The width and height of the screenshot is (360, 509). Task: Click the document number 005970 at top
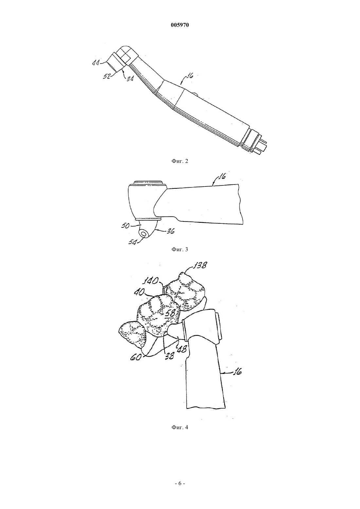[x=180, y=25]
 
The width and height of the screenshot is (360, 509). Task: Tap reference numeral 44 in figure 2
[x=96, y=63]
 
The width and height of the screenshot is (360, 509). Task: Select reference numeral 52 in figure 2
[x=107, y=76]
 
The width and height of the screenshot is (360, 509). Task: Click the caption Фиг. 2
[x=180, y=161]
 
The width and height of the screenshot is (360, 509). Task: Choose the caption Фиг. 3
[x=180, y=250]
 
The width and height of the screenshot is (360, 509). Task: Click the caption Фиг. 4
[x=180, y=427]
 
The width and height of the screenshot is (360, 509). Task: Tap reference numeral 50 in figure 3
[x=125, y=226]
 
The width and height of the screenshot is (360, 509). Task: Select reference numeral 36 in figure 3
[x=171, y=231]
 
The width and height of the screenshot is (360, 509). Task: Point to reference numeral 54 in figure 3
[x=133, y=242]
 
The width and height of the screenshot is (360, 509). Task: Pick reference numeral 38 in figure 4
[x=170, y=356]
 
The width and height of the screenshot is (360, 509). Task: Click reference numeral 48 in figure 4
[x=183, y=349]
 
